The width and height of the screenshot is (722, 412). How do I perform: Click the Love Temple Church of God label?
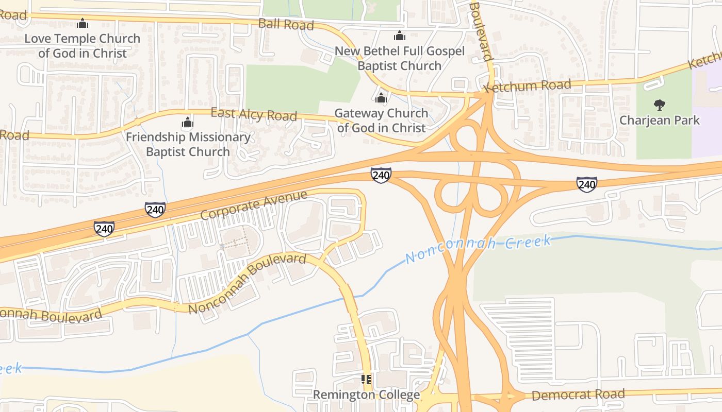82,46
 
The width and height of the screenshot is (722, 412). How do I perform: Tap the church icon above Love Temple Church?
83,23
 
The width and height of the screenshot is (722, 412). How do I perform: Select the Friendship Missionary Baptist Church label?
188,145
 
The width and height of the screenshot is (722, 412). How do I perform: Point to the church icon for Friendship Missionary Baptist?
188,122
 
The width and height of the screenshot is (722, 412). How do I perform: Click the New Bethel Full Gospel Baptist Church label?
400,58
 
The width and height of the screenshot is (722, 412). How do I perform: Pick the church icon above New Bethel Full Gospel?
399,36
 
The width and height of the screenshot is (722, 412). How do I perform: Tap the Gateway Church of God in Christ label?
381,121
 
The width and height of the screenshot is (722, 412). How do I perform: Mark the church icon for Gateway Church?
381,97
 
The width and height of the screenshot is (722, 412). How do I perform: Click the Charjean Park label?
660,121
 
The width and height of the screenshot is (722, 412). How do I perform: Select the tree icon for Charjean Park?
659,105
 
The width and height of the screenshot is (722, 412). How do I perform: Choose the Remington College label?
367,395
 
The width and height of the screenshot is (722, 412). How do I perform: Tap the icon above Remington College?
367,380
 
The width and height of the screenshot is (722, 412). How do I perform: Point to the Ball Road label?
286,24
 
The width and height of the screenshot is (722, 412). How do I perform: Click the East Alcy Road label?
254,114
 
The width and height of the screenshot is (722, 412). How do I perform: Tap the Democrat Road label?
578,395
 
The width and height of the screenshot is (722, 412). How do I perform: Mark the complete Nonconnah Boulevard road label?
247,283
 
